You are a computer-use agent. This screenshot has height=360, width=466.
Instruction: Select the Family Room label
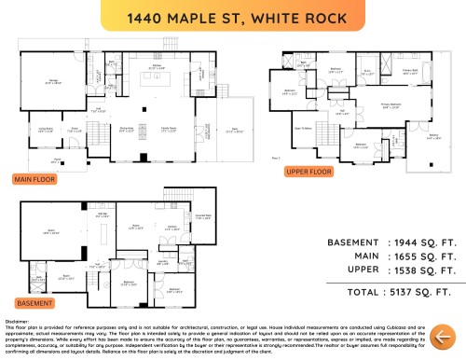click(170, 131)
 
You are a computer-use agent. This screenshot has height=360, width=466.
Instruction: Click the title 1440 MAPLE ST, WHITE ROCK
click(233, 18)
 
